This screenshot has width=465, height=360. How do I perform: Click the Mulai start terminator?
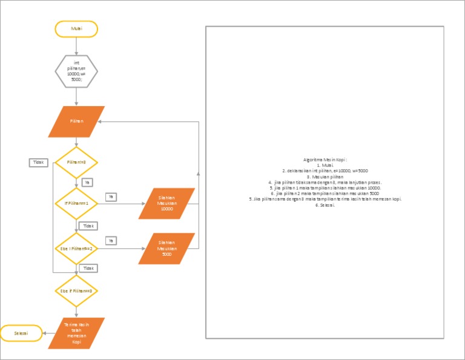[76, 28]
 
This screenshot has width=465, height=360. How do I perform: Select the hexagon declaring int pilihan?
[76, 71]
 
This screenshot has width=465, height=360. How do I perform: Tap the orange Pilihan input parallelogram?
[76, 121]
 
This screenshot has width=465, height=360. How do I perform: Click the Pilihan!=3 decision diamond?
[76, 162]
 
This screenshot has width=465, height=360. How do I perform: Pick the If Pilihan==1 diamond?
[76, 204]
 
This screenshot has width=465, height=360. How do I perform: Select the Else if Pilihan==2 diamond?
[76, 249]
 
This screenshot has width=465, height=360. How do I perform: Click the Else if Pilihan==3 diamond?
[76, 291]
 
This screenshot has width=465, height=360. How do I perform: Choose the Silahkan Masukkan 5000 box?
[167, 249]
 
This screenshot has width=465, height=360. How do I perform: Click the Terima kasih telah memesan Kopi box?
[76, 333]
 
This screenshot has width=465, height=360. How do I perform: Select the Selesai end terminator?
[22, 333]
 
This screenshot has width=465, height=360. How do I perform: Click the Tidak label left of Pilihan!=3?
[38, 162]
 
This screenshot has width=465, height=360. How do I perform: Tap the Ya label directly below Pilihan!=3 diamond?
[87, 182]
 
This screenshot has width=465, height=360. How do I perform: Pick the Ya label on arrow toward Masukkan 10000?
[111, 196]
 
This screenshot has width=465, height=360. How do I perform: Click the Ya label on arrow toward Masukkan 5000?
[111, 241]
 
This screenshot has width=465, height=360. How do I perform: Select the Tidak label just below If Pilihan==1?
[88, 225]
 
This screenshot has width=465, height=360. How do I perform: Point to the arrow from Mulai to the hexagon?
[76, 45]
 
